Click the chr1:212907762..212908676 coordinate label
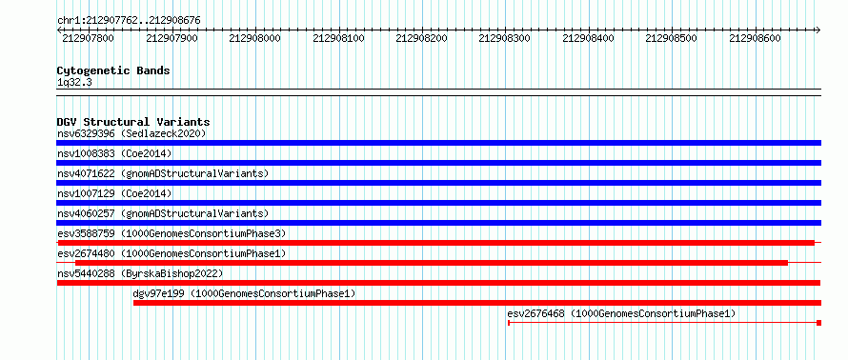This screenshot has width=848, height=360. (x=129, y=20)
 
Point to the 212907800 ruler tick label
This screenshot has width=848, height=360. (x=89, y=38)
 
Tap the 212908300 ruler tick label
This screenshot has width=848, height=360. (x=505, y=38)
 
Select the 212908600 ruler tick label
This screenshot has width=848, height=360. (x=755, y=38)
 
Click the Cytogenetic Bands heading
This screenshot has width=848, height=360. (x=113, y=70)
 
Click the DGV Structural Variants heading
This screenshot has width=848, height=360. (x=133, y=122)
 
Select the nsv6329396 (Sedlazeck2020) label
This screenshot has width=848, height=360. (x=131, y=133)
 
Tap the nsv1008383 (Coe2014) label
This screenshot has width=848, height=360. (x=114, y=153)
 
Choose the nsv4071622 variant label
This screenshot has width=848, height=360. (x=163, y=173)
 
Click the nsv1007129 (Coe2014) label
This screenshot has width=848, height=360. (x=114, y=193)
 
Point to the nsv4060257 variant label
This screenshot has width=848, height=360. (x=163, y=213)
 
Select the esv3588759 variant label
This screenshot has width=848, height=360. (x=172, y=233)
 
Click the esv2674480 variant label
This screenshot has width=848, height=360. (x=172, y=253)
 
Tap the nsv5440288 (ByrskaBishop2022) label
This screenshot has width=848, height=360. (x=140, y=273)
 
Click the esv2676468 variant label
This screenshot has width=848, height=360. (x=622, y=313)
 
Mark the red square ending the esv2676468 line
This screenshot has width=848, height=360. (x=818, y=323)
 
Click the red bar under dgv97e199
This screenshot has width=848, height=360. (x=477, y=303)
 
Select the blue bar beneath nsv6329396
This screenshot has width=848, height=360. (x=439, y=143)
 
